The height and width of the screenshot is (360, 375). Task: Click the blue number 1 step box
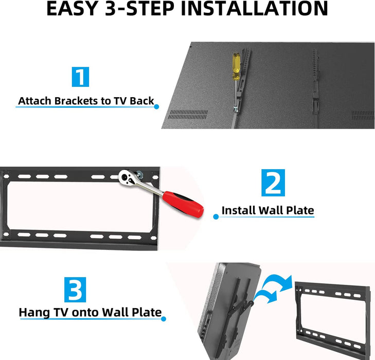pos(80,77)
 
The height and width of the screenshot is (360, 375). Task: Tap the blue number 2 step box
pos(273,183)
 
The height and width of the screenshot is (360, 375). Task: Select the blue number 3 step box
pos(75,290)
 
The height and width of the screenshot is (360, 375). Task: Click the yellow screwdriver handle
pos(236,66)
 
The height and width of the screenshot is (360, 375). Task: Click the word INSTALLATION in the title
pos(254,9)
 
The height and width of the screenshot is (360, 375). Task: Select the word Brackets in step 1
pos(76,101)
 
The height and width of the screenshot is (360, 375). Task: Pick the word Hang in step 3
pos(34,313)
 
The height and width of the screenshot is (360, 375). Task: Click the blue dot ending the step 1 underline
pos(156,106)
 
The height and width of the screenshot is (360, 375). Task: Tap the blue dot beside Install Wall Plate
pos(216,217)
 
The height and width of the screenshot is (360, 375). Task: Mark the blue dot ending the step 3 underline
pos(164,319)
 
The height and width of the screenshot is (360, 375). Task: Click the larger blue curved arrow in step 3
pos(279,281)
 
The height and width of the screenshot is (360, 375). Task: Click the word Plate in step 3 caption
pos(147,313)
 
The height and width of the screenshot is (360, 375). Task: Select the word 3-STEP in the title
pos(139,9)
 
